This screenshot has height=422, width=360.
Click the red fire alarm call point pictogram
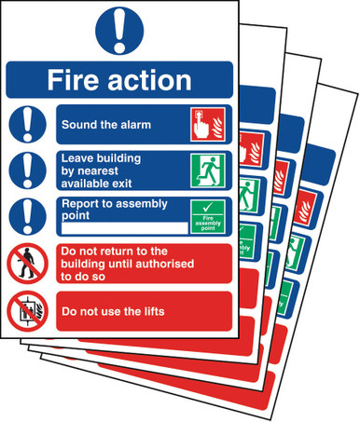[207, 123]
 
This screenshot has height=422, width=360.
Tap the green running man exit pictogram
[207, 170]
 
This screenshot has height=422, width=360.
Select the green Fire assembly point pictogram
[207, 216]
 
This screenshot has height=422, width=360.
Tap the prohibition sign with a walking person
[28, 263]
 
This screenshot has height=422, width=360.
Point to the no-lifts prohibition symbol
[28, 310]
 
